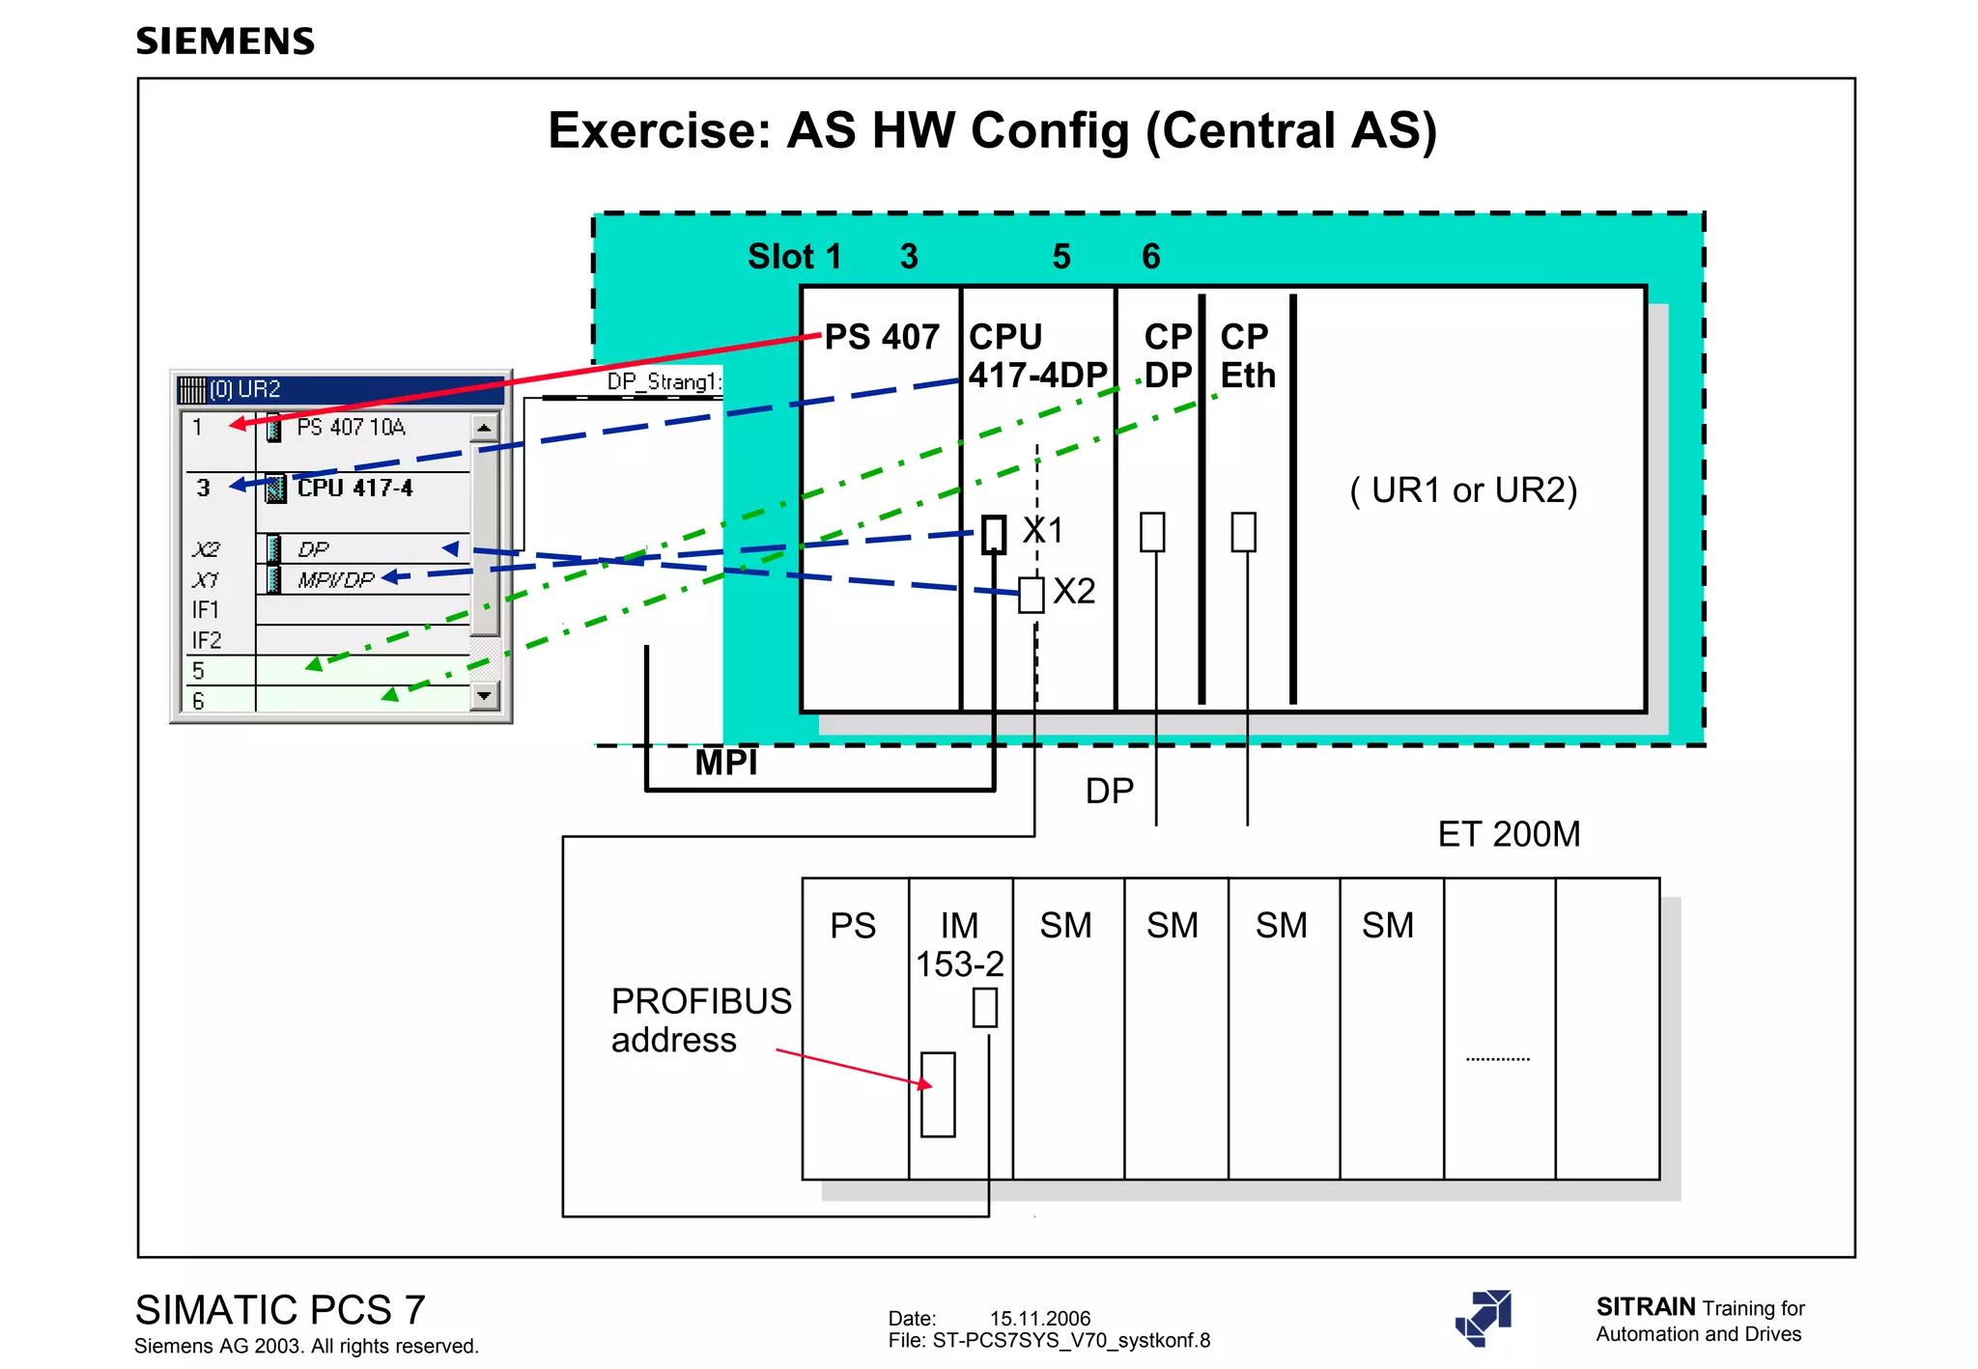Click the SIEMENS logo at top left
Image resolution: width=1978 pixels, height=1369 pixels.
tap(225, 42)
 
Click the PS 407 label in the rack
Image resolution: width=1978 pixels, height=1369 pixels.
tap(881, 337)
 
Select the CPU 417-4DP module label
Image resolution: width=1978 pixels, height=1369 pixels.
tap(1036, 356)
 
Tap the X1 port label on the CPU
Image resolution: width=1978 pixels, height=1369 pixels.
tap(1043, 530)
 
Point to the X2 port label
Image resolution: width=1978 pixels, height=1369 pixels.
tap(1074, 591)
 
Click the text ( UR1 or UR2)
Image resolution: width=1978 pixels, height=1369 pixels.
tap(1463, 490)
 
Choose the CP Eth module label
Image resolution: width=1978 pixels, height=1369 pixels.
tap(1247, 356)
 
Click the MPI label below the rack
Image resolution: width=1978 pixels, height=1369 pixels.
tap(726, 763)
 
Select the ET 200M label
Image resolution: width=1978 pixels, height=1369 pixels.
tap(1509, 834)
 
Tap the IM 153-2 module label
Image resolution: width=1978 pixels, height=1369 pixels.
tap(959, 944)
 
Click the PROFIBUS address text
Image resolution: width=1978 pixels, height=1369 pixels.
tap(700, 1020)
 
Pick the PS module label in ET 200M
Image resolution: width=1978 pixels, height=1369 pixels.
tap(853, 926)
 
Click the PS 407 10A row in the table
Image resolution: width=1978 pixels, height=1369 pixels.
tap(351, 427)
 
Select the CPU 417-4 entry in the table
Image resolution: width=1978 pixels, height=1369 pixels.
tap(354, 488)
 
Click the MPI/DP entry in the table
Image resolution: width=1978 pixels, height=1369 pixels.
tap(335, 579)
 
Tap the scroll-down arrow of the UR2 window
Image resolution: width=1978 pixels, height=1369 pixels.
tap(485, 695)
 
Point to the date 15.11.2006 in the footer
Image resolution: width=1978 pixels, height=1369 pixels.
tap(1039, 1318)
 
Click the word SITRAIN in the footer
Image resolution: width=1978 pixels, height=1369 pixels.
tap(1646, 1306)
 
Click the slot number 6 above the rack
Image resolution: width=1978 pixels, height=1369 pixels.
tap(1150, 257)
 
